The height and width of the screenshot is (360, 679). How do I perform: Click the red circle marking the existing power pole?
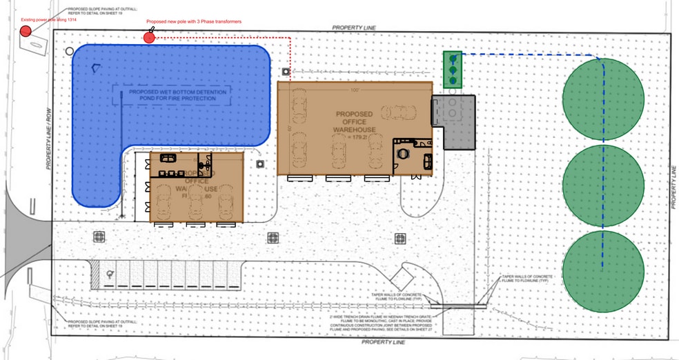(26, 31)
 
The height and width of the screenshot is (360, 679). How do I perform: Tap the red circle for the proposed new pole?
(149, 37)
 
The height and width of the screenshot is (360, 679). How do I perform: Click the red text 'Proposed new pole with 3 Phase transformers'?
(193, 22)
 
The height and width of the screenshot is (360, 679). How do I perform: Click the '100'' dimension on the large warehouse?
(355, 90)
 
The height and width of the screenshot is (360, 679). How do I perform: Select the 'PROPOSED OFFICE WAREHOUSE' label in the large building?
(355, 121)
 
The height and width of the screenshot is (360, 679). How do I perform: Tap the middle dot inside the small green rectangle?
(453, 70)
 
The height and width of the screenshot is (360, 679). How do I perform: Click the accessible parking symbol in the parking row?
(108, 274)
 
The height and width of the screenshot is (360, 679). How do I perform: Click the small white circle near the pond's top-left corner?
(69, 50)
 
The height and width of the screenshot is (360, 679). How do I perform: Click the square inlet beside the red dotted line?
(285, 71)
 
